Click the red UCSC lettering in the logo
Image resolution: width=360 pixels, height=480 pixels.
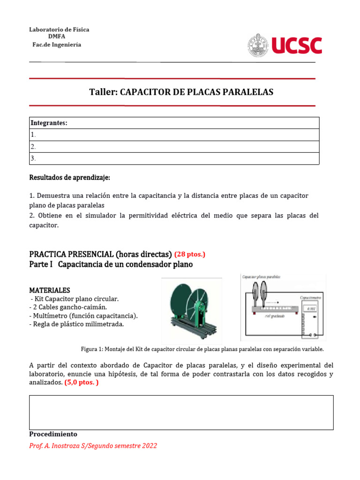tap(296, 46)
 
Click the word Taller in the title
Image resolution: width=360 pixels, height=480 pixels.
tap(103, 92)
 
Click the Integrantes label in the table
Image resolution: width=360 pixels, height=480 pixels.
tap(49, 123)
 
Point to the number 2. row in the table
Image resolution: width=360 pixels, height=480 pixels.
tap(33, 146)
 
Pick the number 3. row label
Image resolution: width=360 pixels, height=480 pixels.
tap(33, 158)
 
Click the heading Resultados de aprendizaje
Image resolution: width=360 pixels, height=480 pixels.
tap(69, 178)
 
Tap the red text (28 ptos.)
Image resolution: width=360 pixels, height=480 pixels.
tap(189, 255)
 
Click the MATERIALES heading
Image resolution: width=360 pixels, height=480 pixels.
tap(50, 291)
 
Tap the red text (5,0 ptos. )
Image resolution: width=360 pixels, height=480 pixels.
tap(81, 382)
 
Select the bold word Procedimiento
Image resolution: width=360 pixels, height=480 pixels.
tap(53, 434)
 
